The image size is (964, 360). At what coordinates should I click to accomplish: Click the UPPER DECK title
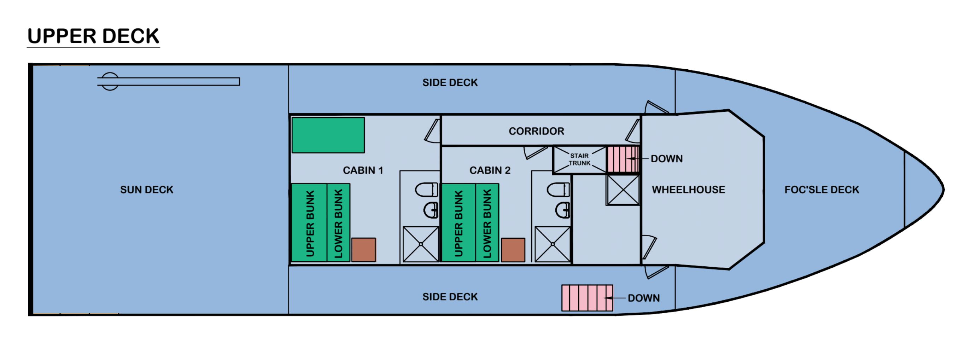click(93, 36)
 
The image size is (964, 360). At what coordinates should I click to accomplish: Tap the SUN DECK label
click(147, 190)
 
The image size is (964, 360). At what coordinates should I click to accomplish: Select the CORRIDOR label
click(536, 131)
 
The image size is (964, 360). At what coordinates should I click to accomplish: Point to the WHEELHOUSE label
click(688, 190)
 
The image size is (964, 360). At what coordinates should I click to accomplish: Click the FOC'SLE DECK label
click(822, 190)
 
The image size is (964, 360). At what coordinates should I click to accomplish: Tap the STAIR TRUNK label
click(579, 159)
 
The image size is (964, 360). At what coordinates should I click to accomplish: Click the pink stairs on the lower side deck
click(587, 298)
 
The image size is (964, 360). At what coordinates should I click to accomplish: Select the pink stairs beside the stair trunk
click(622, 159)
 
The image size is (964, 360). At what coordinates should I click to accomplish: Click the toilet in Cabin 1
click(427, 189)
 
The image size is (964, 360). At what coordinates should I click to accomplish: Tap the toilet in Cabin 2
click(558, 189)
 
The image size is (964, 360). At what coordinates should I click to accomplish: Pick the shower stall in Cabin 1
click(421, 244)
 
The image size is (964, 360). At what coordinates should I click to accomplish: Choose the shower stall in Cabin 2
click(553, 244)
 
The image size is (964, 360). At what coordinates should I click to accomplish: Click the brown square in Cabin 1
click(363, 250)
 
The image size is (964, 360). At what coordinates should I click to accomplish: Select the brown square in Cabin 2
click(513, 250)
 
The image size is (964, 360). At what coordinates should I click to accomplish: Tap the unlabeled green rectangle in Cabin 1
click(328, 135)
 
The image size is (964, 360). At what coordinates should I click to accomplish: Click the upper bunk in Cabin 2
click(459, 223)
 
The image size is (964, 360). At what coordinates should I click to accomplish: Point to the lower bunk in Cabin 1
click(339, 223)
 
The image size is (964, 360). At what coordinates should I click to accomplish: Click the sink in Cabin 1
click(431, 210)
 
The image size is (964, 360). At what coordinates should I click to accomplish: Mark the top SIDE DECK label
click(450, 83)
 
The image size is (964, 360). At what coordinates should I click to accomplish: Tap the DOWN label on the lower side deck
click(644, 298)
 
